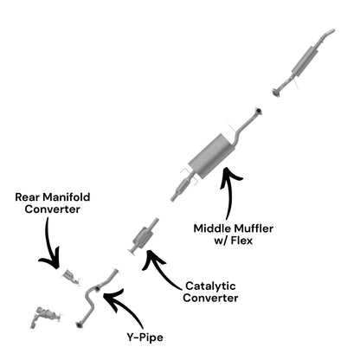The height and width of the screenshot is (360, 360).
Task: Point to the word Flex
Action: tap(241, 241)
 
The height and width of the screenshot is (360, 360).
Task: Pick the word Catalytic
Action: tap(210, 286)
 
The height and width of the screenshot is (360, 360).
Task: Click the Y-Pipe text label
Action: tap(145, 337)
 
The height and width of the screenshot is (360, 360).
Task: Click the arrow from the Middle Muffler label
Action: tap(228, 190)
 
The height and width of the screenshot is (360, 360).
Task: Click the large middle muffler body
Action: tap(212, 156)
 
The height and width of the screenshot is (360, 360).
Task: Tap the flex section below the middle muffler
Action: tap(182, 187)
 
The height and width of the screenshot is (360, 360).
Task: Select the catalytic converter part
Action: tap(142, 236)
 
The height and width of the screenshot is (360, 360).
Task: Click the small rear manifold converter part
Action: tap(70, 277)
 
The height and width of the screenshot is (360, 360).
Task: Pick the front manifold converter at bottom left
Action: tap(45, 317)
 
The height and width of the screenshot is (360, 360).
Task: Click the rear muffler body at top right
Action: tap(305, 61)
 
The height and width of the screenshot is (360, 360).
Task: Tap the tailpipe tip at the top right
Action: tap(331, 31)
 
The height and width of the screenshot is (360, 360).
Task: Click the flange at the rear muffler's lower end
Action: tap(276, 93)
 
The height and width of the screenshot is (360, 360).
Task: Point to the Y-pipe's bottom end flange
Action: tap(79, 325)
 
